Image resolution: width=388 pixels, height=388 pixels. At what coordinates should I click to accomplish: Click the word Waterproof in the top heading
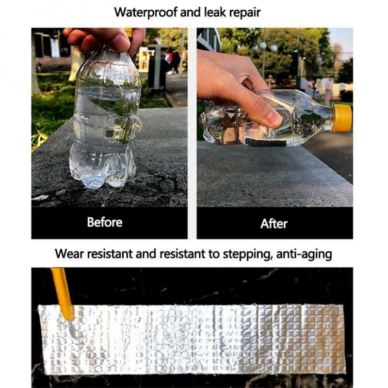(146, 13)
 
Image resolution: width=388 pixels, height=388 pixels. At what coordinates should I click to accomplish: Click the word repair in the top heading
(245, 13)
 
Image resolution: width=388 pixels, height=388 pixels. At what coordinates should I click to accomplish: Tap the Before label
(105, 222)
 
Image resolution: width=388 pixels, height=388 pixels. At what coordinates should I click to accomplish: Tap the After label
(274, 224)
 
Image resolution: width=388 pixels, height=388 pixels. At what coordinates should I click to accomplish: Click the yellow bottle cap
(342, 118)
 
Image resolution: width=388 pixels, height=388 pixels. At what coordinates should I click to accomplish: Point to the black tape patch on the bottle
(265, 143)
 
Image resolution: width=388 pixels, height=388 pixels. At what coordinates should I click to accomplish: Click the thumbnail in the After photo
(274, 118)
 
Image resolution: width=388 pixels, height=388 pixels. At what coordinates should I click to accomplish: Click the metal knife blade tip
(74, 337)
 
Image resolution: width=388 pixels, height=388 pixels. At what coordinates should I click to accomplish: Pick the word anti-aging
(304, 254)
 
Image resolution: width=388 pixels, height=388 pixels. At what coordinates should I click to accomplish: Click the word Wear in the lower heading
(68, 254)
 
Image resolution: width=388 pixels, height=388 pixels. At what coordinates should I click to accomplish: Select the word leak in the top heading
(214, 12)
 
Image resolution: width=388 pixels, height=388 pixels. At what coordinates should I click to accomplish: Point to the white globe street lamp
(263, 46)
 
